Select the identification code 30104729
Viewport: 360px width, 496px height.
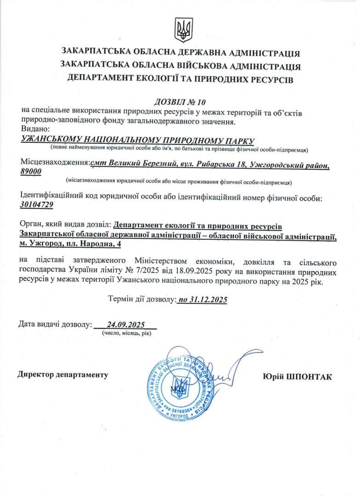[37, 205]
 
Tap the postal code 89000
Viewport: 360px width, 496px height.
[31, 171]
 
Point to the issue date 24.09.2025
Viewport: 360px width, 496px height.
[125, 324]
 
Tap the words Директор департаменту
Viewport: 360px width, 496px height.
[63, 375]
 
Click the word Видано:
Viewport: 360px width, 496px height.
[34, 130]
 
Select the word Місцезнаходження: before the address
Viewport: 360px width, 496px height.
[54, 163]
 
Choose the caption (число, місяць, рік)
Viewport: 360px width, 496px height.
[126, 333]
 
